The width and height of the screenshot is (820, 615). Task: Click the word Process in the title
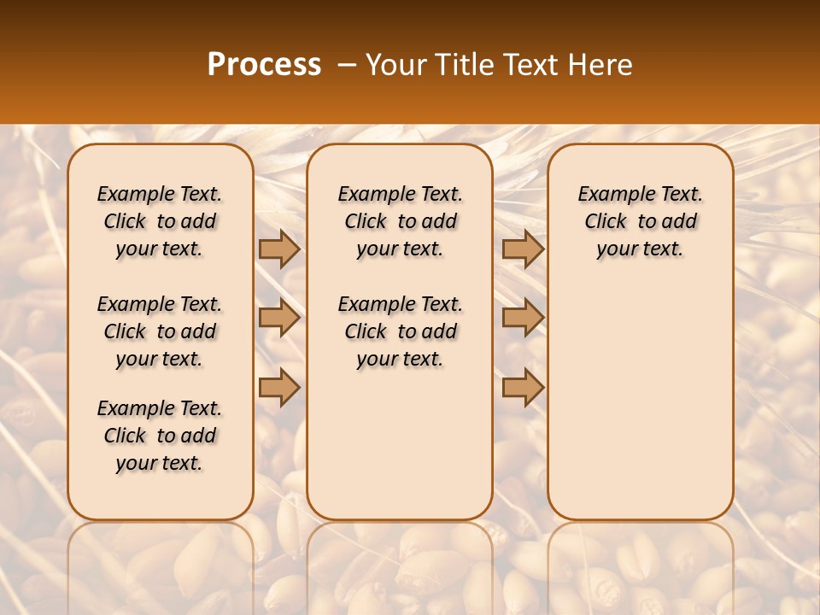264,65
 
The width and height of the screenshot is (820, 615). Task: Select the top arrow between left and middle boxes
279,249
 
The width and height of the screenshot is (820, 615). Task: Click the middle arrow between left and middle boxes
279,319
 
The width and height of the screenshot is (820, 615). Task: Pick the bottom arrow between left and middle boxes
279,388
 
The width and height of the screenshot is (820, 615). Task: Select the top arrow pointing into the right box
523,249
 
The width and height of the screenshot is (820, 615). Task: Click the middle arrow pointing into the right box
523,319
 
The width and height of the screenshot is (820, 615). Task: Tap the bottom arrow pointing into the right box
523,388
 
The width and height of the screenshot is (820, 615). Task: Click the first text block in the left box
160,221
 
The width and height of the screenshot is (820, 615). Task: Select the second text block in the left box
160,331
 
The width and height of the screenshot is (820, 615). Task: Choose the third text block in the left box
160,436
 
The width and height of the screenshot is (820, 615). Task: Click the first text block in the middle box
400,221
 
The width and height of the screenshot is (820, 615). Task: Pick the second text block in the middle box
400,331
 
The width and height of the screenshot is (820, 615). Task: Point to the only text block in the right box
640,221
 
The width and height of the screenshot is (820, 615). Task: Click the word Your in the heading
396,65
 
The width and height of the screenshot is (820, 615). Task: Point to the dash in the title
347,65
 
